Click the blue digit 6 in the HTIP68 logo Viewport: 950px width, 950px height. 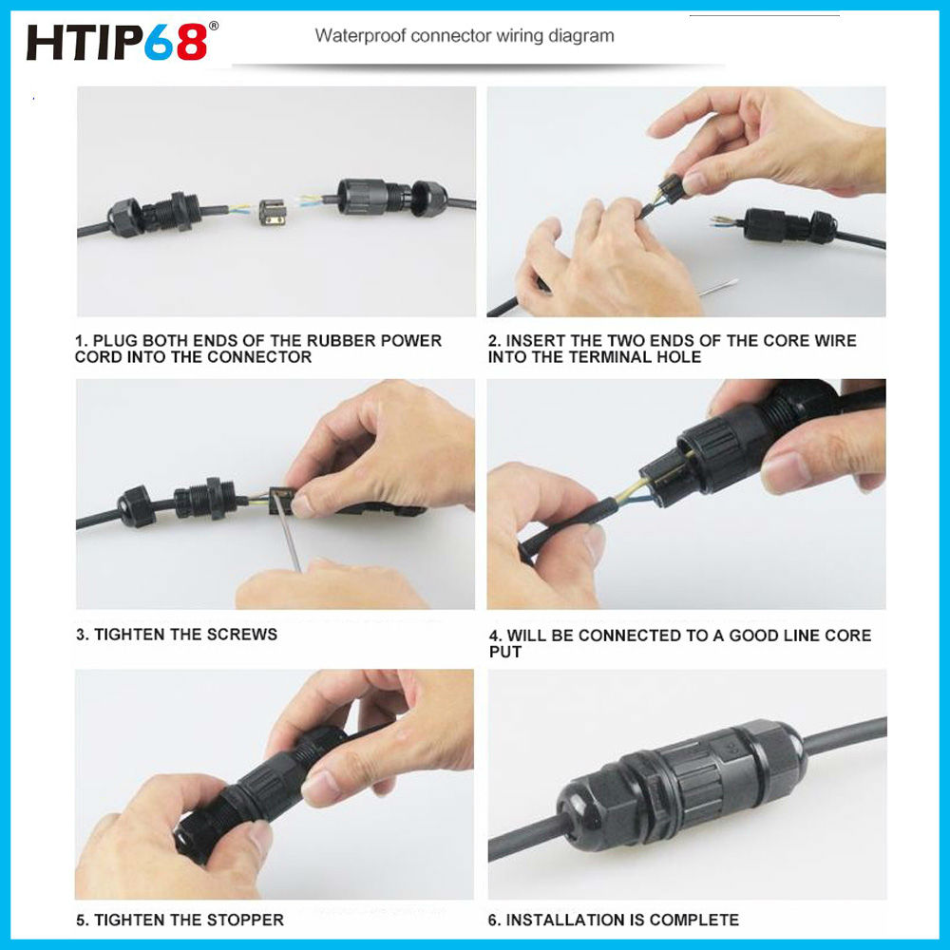click(160, 42)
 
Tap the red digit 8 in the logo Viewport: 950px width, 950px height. click(192, 42)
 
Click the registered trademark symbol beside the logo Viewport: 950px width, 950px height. click(213, 26)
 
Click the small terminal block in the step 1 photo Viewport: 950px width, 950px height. click(274, 212)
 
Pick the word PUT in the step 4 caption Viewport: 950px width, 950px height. click(505, 652)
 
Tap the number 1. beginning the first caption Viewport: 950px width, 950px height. click(81, 340)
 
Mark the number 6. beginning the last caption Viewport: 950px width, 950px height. click(494, 920)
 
